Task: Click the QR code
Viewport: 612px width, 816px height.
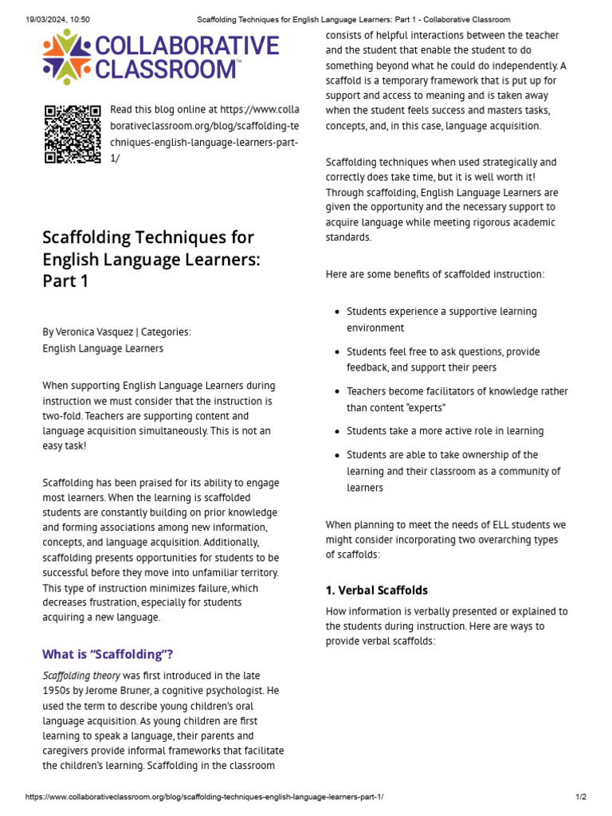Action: [72, 134]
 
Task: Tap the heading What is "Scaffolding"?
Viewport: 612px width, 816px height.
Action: [108, 654]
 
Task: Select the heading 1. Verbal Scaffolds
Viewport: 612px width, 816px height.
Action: [377, 590]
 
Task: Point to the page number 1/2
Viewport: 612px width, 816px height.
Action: [581, 797]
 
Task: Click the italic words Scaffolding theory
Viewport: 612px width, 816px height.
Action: [78, 676]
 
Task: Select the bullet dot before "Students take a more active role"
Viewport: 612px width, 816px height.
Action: [338, 432]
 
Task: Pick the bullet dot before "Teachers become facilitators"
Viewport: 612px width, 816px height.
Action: [338, 392]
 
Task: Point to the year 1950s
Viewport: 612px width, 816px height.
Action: [58, 690]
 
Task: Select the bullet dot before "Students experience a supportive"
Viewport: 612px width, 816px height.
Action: [338, 312]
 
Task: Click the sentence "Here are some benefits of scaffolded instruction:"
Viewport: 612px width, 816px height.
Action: [435, 274]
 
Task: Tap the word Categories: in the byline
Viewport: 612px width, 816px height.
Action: [166, 332]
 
